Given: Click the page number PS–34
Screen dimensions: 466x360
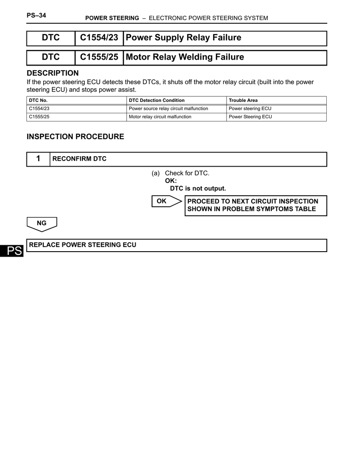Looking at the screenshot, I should pos(36,15).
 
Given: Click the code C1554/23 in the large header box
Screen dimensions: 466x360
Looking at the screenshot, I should pos(99,38).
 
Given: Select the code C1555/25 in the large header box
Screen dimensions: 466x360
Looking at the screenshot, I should pos(99,57).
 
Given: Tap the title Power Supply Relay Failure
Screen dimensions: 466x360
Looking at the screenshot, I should pos(183,38).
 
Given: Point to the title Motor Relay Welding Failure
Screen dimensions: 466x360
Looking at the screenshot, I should pos(185,57).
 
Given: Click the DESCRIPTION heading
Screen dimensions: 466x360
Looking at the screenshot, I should pos(53,73).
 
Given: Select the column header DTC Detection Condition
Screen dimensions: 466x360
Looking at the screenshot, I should pos(157,101).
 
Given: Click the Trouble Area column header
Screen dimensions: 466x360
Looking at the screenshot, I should pos(243,101).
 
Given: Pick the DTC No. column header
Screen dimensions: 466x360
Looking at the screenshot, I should pos(38,101).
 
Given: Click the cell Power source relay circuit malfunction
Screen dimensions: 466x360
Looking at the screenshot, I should pos(168,109).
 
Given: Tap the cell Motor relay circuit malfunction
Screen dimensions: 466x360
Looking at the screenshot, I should pos(160,117).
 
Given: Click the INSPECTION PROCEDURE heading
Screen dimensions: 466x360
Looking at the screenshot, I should pos(76,137).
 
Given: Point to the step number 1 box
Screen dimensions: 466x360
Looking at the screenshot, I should pos(38,159).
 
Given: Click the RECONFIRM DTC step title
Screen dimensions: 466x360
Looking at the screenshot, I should pos(80,159).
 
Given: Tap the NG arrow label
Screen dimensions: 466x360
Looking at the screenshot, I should pos(42,223).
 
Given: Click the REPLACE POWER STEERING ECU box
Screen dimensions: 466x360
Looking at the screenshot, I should pos(177,245).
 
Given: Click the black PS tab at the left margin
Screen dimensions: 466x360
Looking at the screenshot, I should pos(11,252).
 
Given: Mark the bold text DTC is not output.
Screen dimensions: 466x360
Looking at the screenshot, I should pos(198,188).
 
